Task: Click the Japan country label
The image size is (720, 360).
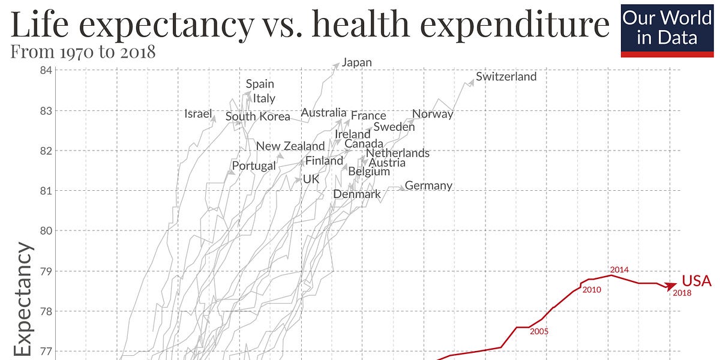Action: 357,62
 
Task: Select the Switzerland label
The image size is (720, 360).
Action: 506,77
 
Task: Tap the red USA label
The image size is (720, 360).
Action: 696,281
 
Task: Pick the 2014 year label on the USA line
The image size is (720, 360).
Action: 619,270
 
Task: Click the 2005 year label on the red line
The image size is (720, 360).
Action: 539,331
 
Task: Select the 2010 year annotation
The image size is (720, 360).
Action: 591,290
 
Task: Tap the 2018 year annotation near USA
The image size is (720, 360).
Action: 682,293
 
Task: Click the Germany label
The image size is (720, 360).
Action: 428,185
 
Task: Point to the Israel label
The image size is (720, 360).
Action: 198,113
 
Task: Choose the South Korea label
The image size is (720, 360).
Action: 257,116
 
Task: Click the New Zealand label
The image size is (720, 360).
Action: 290,146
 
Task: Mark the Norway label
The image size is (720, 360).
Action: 433,114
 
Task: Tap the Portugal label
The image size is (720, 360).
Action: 254,166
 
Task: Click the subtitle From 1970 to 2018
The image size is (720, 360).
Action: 83,52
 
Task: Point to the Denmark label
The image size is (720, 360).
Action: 357,194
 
